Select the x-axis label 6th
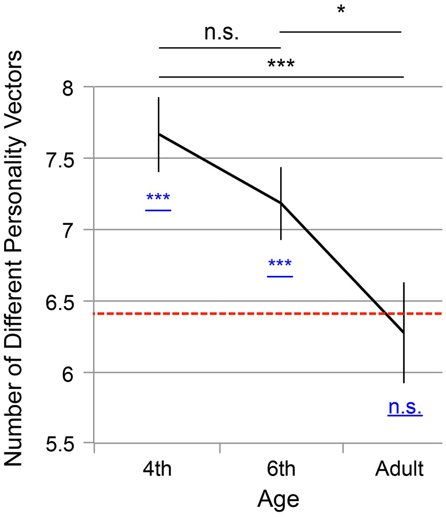click(280, 470)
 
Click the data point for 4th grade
click(159, 134)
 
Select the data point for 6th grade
click(281, 203)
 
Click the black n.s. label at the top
click(221, 34)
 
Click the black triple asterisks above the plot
click(281, 65)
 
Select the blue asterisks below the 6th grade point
click(280, 265)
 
